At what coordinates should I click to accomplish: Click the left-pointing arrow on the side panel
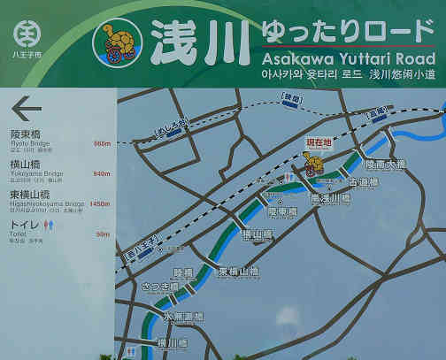click(27, 109)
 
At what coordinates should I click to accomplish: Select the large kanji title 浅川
click(188, 42)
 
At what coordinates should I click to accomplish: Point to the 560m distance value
click(101, 143)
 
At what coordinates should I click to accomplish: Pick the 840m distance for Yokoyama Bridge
click(101, 173)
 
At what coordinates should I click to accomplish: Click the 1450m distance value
click(99, 203)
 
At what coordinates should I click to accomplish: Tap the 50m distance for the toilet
click(103, 234)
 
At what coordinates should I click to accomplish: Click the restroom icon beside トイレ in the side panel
click(57, 225)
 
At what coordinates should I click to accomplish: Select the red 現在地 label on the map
click(318, 142)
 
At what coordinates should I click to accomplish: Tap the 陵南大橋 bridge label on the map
click(385, 165)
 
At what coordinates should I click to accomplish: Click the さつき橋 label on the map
click(158, 287)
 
